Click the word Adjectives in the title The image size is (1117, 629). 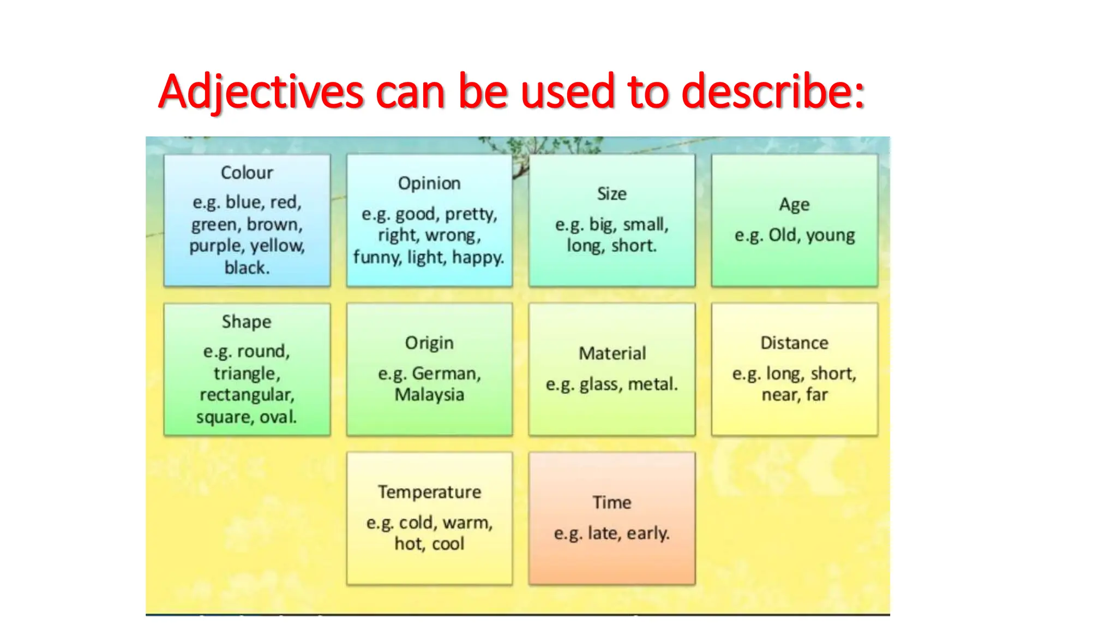point(261,92)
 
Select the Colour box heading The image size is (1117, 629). point(247,173)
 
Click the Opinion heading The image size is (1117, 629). point(429,183)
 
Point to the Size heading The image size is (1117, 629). point(611,194)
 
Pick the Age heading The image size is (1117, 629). point(794,205)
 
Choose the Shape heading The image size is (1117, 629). point(247,322)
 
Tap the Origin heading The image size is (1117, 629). point(429,343)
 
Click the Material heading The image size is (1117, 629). point(612,353)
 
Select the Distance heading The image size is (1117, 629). point(794,343)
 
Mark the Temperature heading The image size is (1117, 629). point(429,492)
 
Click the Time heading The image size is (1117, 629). point(611,502)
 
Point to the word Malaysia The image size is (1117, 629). point(429,394)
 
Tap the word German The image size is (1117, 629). point(446,373)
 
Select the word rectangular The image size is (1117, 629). point(247,395)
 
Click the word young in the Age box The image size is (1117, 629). point(830,236)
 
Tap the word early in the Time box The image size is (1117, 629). point(647,533)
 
